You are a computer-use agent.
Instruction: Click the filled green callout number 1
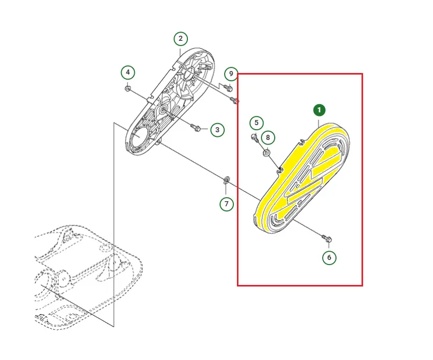pyautogui.click(x=319, y=110)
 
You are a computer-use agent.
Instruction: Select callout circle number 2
pyautogui.click(x=181, y=39)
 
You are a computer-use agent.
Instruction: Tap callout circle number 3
pyautogui.click(x=218, y=130)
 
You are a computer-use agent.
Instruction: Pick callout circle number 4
pyautogui.click(x=128, y=73)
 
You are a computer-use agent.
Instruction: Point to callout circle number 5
pyautogui.click(x=256, y=123)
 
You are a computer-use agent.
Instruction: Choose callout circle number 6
pyautogui.click(x=329, y=257)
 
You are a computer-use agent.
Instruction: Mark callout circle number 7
pyautogui.click(x=227, y=204)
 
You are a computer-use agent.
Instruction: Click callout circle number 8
pyautogui.click(x=268, y=137)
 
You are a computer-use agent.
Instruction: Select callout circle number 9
pyautogui.click(x=231, y=74)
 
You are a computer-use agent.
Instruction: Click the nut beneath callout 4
pyautogui.click(x=128, y=89)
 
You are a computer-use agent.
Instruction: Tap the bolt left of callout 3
pyautogui.click(x=196, y=128)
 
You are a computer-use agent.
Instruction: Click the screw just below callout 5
pyautogui.click(x=255, y=137)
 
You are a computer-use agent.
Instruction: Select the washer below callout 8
pyautogui.click(x=267, y=153)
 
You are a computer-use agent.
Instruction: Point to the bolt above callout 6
pyautogui.click(x=327, y=238)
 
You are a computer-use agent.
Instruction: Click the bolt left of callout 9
pyautogui.click(x=228, y=87)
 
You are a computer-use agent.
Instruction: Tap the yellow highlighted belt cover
pyautogui.click(x=301, y=178)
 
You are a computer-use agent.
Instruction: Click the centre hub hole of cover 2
pyautogui.click(x=163, y=110)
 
